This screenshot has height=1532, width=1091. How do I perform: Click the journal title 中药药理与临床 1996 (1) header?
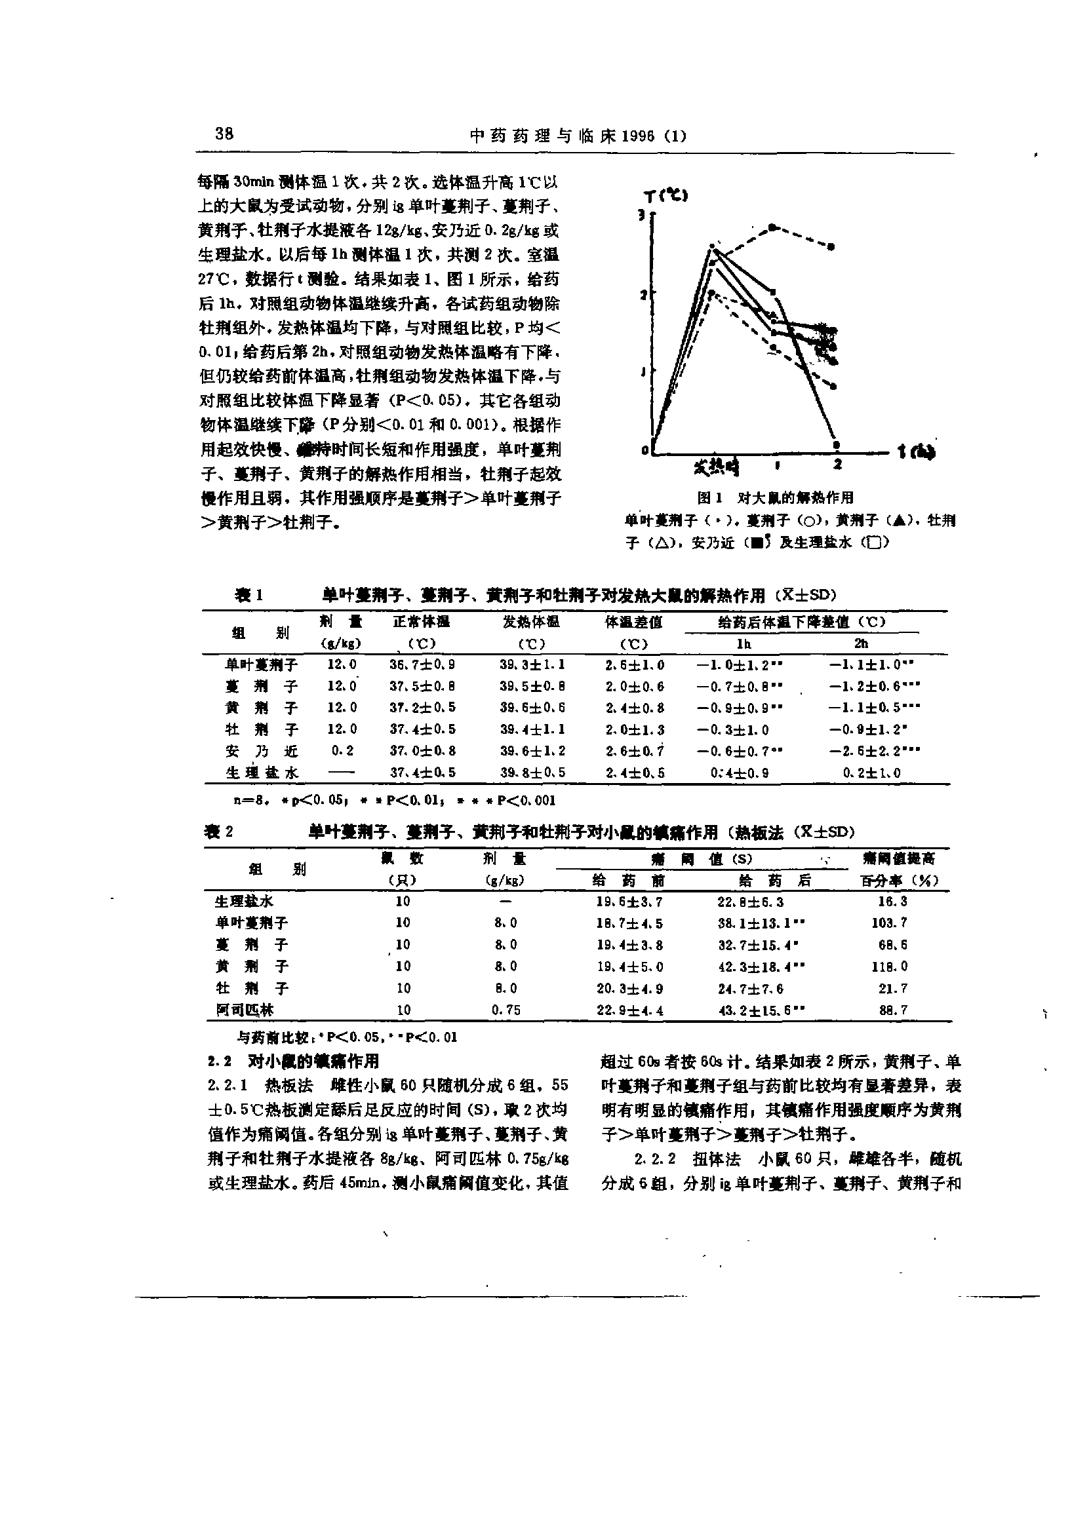coord(577,136)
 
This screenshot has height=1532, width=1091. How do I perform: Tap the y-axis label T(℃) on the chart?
coord(665,196)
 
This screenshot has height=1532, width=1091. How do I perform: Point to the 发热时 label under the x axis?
coord(717,466)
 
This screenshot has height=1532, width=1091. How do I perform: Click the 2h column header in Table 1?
coord(862,643)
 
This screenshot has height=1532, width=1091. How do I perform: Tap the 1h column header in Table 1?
coord(743,643)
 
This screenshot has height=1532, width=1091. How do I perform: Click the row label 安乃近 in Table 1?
coord(262,750)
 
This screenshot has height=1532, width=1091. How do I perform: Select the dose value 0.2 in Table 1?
coord(342,750)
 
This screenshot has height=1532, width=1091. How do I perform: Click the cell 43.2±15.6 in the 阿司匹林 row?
coord(761,1010)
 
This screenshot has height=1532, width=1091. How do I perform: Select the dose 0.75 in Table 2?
coord(506,1010)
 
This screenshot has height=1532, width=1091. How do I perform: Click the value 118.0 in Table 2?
coord(894,966)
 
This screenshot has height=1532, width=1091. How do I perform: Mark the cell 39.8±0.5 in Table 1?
coord(532,773)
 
